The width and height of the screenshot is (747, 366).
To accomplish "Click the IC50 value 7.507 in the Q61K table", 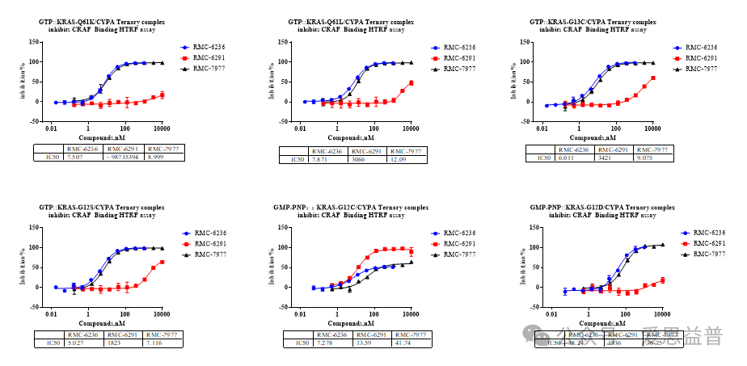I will (74, 157).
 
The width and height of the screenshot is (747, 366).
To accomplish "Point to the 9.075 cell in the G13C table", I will (647, 158).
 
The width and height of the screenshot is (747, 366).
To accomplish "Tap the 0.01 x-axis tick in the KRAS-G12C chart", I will (301, 313).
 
